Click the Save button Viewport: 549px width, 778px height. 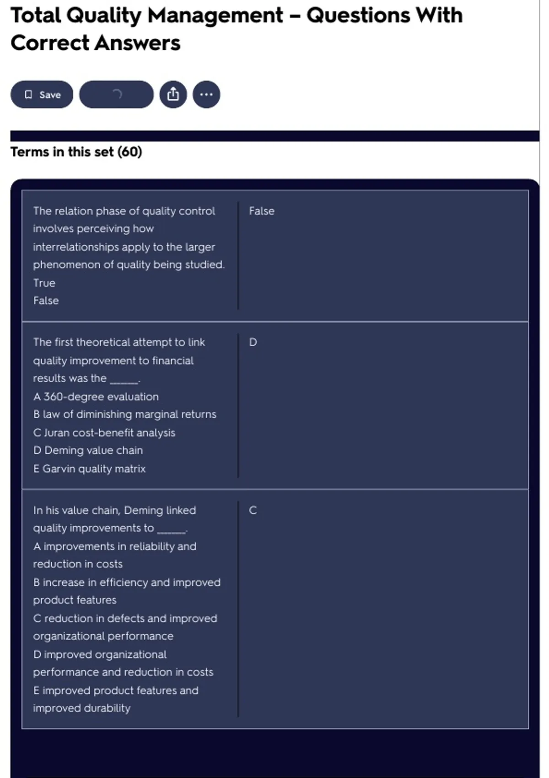[42, 95]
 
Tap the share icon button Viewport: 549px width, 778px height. [173, 95]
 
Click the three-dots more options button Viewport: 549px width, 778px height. [206, 95]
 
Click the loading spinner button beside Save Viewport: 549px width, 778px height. [116, 95]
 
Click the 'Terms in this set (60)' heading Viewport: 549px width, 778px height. [76, 152]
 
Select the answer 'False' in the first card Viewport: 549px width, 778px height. [262, 211]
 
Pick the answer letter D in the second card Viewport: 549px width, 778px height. [253, 342]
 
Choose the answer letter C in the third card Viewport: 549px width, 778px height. [253, 510]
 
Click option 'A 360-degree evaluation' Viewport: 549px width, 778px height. [96, 397]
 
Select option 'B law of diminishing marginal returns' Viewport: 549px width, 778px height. [124, 415]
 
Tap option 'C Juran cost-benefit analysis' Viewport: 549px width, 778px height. [104, 432]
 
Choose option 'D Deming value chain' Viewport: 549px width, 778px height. [88, 450]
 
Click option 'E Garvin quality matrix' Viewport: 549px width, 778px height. [89, 469]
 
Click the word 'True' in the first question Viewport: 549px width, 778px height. [44, 283]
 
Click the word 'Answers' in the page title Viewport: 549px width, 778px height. [138, 43]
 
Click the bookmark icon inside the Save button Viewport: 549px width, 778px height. [28, 95]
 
